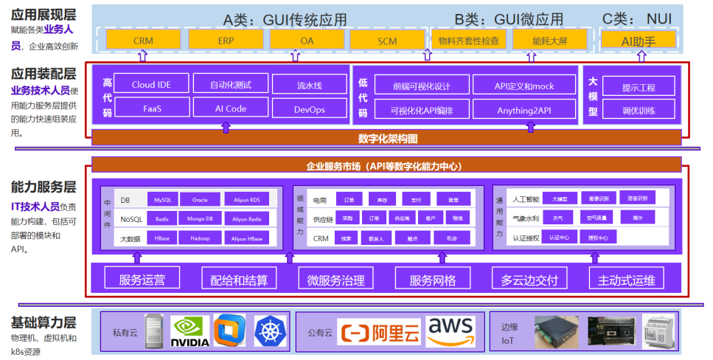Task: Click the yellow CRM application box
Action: (x=143, y=41)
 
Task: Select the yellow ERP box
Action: (x=224, y=41)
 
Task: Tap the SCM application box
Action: (x=387, y=41)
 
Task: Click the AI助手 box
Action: (x=639, y=41)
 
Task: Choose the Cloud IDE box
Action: (x=151, y=84)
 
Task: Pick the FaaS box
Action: (x=151, y=108)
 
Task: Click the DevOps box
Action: (x=309, y=108)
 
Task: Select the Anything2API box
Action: (x=524, y=108)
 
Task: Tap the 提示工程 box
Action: (x=639, y=87)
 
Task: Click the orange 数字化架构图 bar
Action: (x=387, y=137)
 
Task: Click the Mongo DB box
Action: (x=200, y=219)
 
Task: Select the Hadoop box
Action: (x=200, y=238)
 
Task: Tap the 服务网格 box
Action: (x=433, y=280)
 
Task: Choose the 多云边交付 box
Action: (x=529, y=280)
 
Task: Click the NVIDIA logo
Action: (x=189, y=331)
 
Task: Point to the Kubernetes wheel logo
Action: (x=270, y=330)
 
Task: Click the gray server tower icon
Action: (x=153, y=330)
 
